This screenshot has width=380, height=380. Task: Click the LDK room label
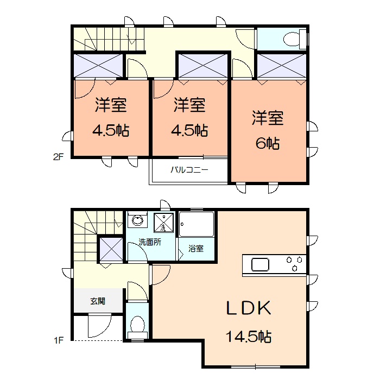click(248, 308)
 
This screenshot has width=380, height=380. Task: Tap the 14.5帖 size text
click(249, 336)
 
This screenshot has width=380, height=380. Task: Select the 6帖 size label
click(267, 143)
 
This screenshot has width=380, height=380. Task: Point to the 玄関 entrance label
click(98, 301)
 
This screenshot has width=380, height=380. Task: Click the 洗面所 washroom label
click(149, 243)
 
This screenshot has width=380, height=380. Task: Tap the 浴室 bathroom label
click(196, 249)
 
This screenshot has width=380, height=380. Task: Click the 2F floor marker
click(58, 158)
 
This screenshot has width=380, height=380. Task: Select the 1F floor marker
click(58, 341)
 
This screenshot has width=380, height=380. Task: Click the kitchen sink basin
click(259, 265)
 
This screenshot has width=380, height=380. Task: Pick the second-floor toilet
click(291, 39)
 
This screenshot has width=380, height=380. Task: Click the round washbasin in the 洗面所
click(138, 221)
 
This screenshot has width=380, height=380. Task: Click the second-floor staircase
click(109, 39)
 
